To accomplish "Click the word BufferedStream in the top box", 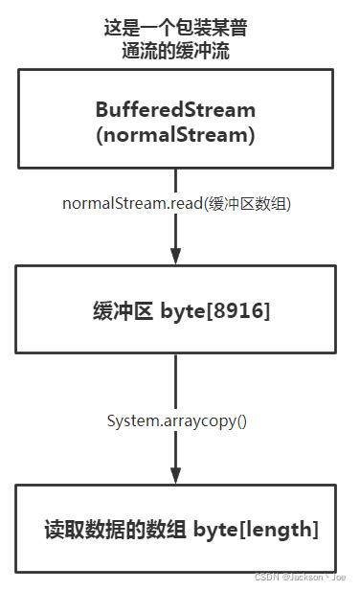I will [175, 108].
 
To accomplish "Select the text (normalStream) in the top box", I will [175, 135].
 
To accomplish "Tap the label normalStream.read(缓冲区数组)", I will [175, 203].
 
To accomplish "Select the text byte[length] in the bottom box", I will [256, 529].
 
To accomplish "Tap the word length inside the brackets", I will [278, 529].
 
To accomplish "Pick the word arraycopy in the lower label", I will [191, 420].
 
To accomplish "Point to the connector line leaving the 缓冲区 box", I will [175, 383].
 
